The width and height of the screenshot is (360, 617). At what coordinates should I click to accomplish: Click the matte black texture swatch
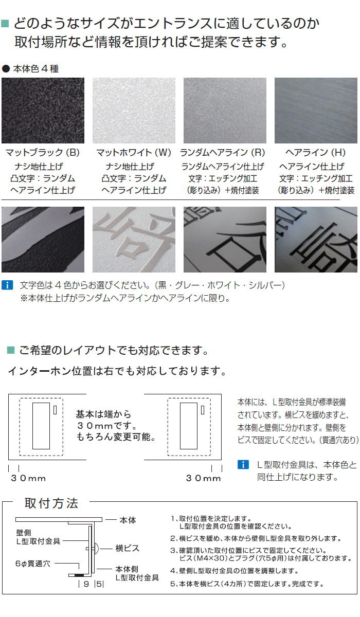coord(43,111)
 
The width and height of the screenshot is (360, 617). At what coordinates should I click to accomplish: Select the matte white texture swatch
coord(134,111)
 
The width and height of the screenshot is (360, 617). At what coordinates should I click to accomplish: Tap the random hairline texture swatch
coord(225,111)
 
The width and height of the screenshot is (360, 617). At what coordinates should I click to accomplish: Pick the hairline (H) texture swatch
coord(316,111)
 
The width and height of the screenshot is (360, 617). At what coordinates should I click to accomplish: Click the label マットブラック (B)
coord(43,152)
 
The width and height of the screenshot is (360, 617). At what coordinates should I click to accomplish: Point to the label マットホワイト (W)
coord(134,152)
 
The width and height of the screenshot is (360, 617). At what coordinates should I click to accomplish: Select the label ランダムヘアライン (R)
coord(223,152)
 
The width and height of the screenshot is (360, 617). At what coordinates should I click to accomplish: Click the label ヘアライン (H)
coord(315,152)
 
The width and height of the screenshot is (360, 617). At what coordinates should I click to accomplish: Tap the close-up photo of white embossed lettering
coord(134,240)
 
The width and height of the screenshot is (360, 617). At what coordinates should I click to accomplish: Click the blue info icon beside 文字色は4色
coord(7,285)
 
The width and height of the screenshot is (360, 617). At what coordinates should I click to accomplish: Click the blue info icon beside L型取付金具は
coord(243,465)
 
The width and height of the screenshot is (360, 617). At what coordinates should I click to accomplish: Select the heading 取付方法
coord(51,503)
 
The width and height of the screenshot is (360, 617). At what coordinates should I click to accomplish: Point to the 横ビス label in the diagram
coord(127,548)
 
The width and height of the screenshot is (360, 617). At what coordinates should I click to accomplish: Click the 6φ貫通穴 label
coord(33,564)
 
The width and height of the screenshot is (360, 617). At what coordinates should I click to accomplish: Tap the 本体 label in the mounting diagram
coord(128,520)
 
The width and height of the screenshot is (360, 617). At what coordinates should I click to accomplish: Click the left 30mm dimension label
coord(28,478)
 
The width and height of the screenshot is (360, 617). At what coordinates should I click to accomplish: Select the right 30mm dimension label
coord(204,478)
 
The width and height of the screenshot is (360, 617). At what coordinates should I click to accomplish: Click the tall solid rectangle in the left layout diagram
coord(41,426)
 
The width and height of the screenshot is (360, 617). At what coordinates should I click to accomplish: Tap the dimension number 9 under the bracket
coord(86,584)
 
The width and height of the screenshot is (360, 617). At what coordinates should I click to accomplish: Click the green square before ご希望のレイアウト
coord(11,350)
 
